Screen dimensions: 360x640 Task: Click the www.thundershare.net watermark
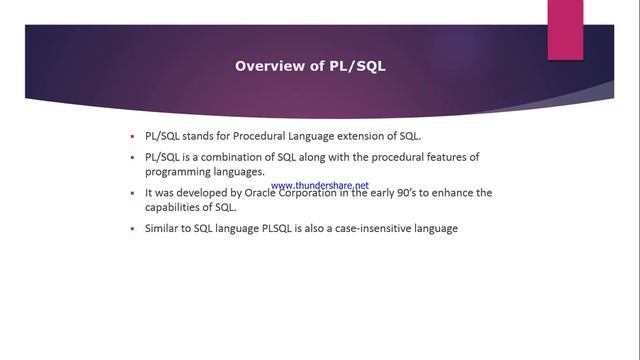point(320,185)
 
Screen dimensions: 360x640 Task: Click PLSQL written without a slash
point(278,229)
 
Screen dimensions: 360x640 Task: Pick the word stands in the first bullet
point(199,135)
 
